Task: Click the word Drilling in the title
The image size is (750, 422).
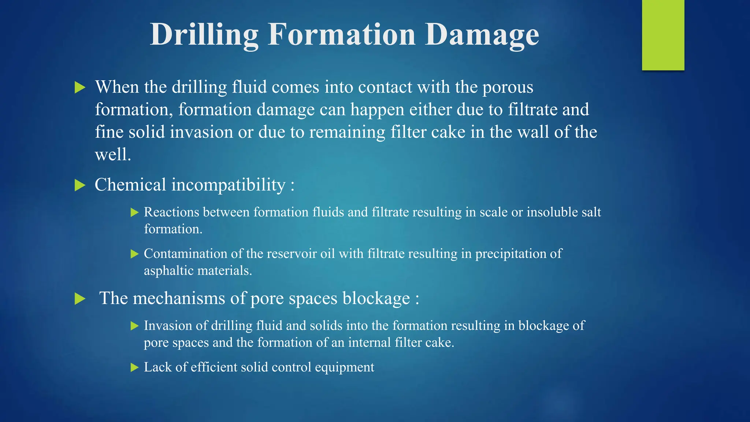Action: pyautogui.click(x=204, y=35)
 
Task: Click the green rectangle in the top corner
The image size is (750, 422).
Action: pyautogui.click(x=663, y=35)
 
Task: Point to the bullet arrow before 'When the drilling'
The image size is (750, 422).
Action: pyautogui.click(x=80, y=88)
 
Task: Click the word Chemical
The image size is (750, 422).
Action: pyautogui.click(x=130, y=185)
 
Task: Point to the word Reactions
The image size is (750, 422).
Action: pyautogui.click(x=171, y=212)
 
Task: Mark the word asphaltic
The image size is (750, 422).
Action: pyautogui.click(x=168, y=271)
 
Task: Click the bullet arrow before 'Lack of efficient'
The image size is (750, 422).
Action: pyautogui.click(x=134, y=367)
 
